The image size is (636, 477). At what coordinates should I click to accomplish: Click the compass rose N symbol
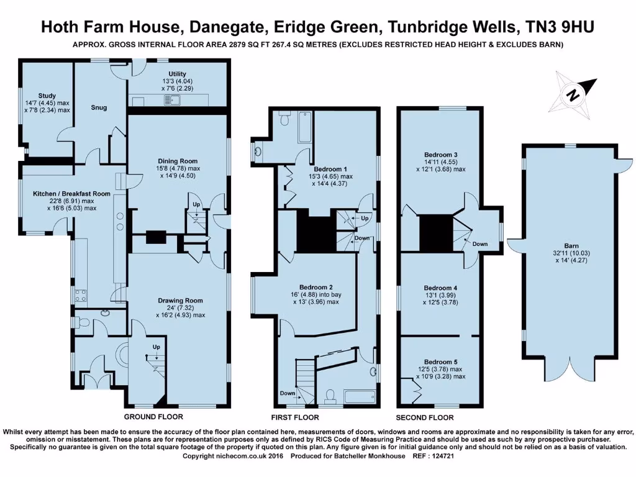tap(574, 94)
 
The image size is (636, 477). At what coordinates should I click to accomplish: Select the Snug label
tap(99, 107)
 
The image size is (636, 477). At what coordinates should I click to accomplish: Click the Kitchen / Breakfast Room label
tap(71, 194)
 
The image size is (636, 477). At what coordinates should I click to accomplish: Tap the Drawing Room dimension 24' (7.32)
tap(180, 308)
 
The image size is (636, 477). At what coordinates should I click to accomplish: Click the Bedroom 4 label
tap(440, 288)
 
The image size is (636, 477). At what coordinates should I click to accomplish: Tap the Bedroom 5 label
tap(440, 361)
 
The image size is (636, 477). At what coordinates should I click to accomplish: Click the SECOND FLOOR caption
tap(425, 417)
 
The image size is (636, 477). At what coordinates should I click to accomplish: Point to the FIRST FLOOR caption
tap(296, 417)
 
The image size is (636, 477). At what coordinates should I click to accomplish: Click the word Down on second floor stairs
tap(480, 244)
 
